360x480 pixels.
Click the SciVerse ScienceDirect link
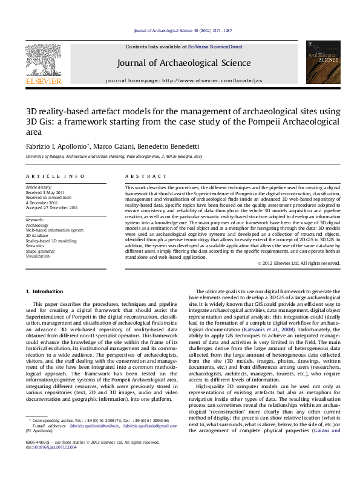tap(215, 47)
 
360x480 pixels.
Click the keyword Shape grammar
tap(39, 251)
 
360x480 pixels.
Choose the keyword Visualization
tap(38, 256)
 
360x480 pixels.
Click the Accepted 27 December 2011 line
tap(51, 207)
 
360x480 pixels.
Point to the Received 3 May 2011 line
tap(45, 192)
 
